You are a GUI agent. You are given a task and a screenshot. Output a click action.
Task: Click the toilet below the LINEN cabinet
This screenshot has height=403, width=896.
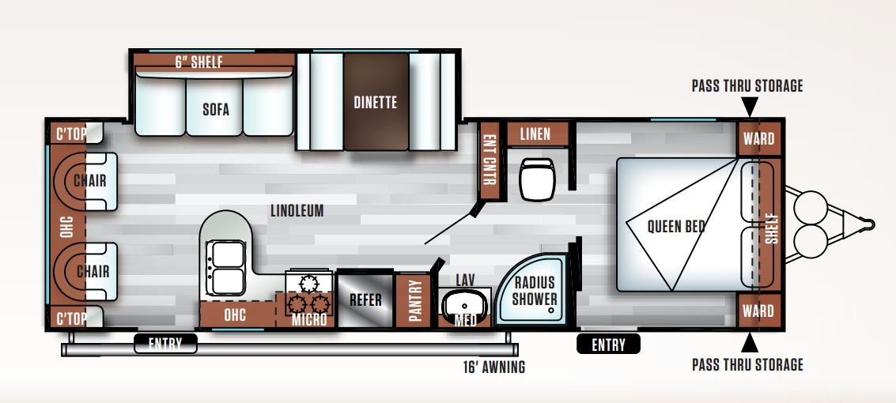(x=536, y=179)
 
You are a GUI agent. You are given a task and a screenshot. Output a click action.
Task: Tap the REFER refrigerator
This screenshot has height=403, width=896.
(x=365, y=299)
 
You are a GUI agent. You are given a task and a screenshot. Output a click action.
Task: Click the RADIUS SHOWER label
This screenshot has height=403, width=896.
(x=535, y=291)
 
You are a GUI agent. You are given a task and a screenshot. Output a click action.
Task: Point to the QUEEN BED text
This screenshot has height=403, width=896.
(x=675, y=227)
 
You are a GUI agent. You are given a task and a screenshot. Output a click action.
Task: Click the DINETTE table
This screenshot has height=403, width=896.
(x=376, y=102)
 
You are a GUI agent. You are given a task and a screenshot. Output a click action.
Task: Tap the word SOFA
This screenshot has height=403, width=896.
(x=216, y=109)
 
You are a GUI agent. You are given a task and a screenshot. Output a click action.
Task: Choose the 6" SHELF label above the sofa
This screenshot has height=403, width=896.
(x=198, y=62)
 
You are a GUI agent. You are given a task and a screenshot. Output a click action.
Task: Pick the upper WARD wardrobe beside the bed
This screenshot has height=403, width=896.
(x=759, y=139)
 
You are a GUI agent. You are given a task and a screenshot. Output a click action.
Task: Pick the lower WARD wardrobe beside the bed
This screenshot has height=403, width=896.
(x=759, y=311)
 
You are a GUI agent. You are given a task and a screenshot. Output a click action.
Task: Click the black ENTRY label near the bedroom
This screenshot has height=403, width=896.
(x=608, y=345)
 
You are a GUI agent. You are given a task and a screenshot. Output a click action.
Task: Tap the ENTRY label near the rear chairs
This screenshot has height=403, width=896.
(x=165, y=344)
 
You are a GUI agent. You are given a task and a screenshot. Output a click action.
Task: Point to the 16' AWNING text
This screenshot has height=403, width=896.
(x=493, y=367)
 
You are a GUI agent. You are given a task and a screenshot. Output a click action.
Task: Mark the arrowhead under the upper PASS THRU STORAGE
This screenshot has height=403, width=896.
(x=750, y=106)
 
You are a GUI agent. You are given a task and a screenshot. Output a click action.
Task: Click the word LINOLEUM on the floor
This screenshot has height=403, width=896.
(x=297, y=211)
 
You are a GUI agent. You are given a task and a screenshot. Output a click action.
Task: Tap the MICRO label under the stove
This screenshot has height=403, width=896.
(x=309, y=320)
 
